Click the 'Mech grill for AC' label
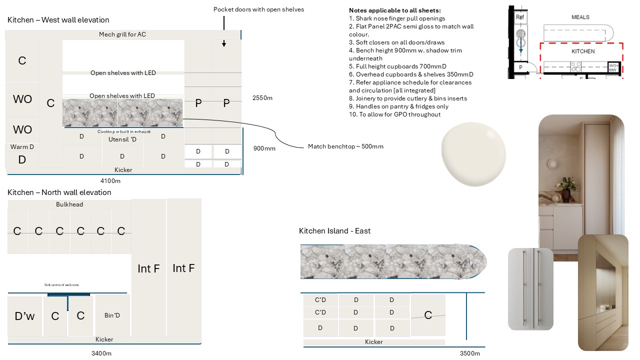pos(122,34)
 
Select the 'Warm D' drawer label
pos(22,147)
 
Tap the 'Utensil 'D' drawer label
pos(122,139)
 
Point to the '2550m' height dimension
pos(262,98)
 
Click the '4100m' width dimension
pos(110,181)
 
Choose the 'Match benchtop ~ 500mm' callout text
pos(345,146)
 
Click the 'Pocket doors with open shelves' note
pos(258,9)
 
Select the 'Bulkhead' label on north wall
pos(69,204)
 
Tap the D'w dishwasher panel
pos(24,316)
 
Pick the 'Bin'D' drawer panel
pos(112,315)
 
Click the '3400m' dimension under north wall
pos(101,353)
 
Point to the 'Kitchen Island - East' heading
pos(334,231)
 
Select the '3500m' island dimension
pos(469,353)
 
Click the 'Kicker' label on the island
pos(373,342)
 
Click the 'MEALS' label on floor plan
pos(580,17)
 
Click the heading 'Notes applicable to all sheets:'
pos(394,10)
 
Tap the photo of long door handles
pos(530,289)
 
